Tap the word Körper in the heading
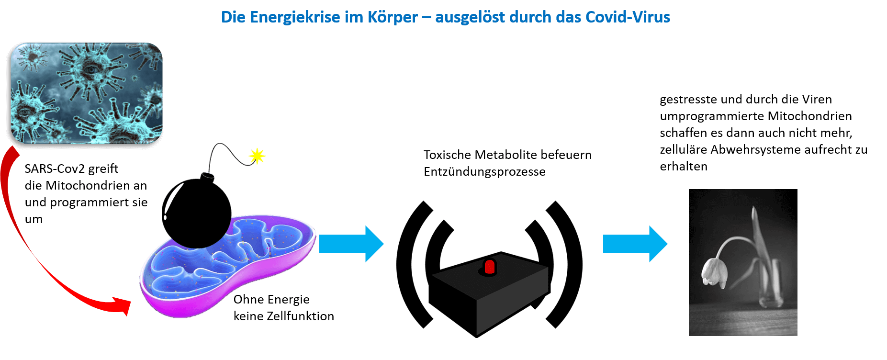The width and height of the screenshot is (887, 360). [x=393, y=17]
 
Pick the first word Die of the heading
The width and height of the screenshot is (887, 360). [x=233, y=17]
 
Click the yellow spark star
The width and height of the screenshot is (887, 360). [x=257, y=156]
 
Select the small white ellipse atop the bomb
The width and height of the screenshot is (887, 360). [x=209, y=175]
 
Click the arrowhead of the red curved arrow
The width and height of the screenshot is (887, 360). [x=123, y=305]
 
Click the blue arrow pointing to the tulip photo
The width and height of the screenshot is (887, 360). [x=635, y=244]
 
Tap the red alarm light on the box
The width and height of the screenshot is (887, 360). [x=489, y=267]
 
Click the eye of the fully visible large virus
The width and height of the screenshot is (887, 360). [x=90, y=70]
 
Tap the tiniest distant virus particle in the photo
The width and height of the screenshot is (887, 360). [x=135, y=78]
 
